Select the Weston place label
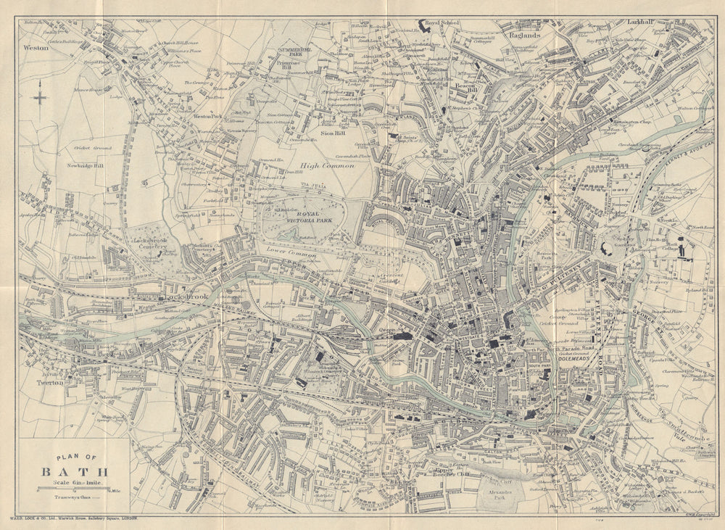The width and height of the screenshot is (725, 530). click(35, 48)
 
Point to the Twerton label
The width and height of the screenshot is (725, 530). click(51, 382)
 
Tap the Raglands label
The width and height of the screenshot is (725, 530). click(525, 35)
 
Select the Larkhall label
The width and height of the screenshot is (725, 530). click(642, 22)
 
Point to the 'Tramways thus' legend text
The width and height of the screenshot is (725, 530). click(72, 497)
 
